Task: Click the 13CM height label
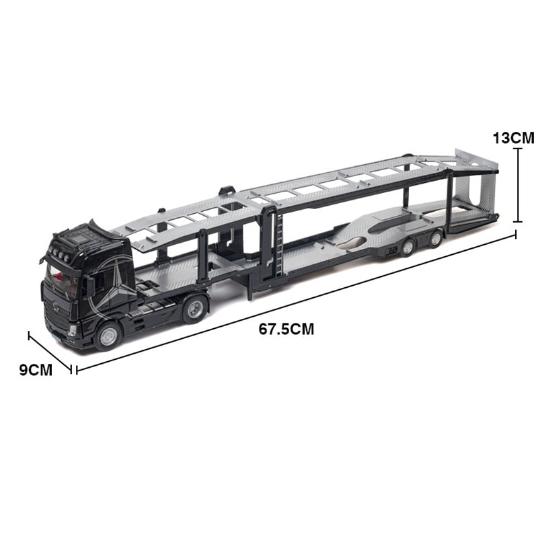coord(513,137)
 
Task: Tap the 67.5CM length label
coord(286,330)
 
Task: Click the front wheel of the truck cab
coord(108,335)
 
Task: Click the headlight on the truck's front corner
coord(73,330)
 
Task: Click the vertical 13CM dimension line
coord(518,185)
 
